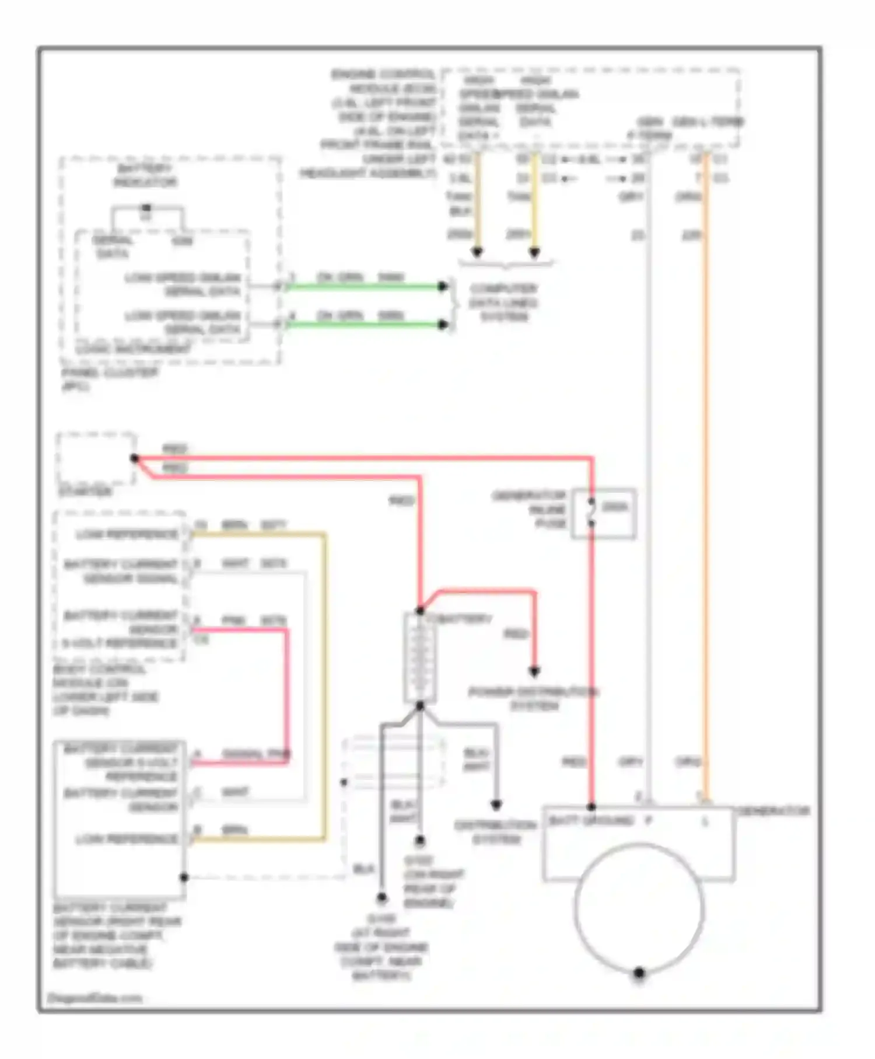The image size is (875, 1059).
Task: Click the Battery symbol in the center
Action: [419, 658]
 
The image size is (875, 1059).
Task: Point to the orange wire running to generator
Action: [705, 467]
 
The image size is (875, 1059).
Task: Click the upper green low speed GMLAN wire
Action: [365, 286]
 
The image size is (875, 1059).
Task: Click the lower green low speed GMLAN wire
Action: [365, 324]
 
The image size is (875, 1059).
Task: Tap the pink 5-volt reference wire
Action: [287, 695]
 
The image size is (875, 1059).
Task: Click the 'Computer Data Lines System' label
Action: [503, 302]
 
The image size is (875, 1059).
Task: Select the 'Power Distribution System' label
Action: [533, 699]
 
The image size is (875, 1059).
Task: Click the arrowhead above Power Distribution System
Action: [534, 671]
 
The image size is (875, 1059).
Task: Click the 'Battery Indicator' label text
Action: [145, 175]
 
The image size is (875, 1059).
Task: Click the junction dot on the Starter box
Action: [134, 459]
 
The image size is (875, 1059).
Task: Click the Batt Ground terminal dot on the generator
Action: [591, 807]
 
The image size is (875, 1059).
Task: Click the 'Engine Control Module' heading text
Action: [384, 81]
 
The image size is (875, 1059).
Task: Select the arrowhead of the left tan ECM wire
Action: [477, 252]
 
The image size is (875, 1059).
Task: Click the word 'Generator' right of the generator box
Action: [773, 811]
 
